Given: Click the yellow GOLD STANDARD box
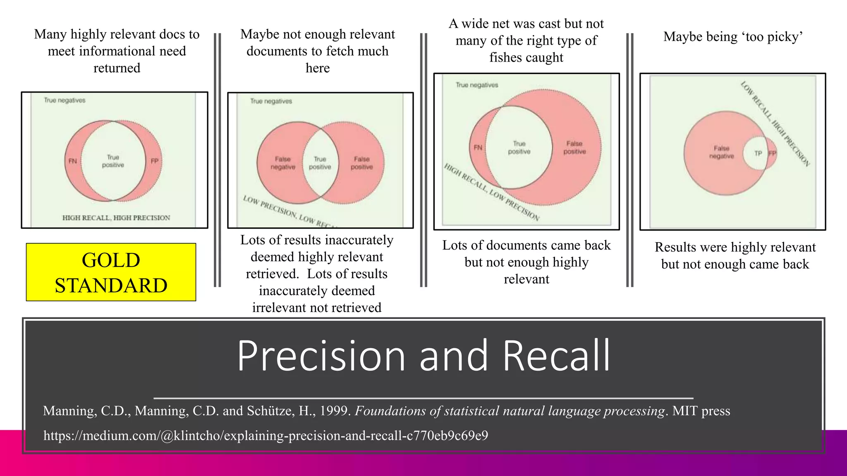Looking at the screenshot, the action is tap(111, 272).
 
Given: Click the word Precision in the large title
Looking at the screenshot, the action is tap(321, 356).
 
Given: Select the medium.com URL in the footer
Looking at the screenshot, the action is tap(266, 435).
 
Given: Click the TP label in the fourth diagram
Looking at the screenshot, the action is tap(758, 153).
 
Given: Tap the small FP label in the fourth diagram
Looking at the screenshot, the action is tap(772, 153).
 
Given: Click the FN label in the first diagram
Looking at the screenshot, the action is tap(73, 161).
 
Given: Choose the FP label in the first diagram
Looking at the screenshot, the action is tap(155, 161).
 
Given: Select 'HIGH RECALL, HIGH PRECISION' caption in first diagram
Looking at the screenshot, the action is tap(116, 218).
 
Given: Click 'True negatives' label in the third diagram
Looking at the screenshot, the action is tap(477, 85).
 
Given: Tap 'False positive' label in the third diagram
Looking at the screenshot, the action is tap(574, 148).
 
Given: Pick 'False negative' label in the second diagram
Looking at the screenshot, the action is tap(283, 163).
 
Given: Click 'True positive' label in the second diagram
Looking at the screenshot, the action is tap(320, 163).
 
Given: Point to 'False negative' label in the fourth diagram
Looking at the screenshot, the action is tap(721, 152).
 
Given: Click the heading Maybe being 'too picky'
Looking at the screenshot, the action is tap(733, 37).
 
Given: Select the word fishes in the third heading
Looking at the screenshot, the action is tap(505, 57).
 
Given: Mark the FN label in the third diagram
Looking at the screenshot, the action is tap(478, 148).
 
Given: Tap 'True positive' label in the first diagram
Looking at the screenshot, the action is tap(113, 161).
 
